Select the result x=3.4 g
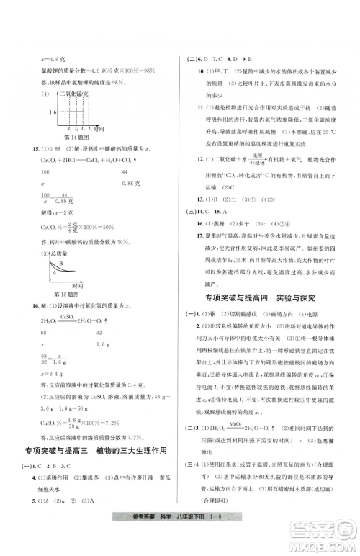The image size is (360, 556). click(x=37, y=374)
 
